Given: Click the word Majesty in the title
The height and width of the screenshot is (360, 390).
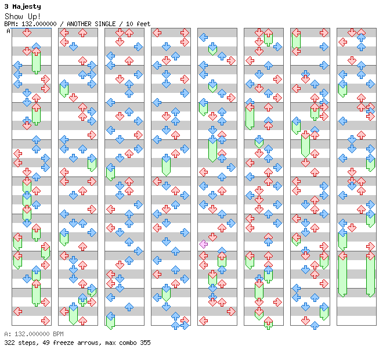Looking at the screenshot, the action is (x=27, y=7).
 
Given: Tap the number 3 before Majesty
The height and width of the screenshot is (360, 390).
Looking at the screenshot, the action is (x=6, y=6).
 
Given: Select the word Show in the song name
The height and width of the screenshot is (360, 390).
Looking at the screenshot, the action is (x=14, y=16).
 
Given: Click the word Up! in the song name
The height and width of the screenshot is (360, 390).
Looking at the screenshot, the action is (x=34, y=16).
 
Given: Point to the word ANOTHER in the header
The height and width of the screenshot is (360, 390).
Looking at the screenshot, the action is (x=79, y=24).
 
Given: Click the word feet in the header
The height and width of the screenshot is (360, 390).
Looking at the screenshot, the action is (x=143, y=24).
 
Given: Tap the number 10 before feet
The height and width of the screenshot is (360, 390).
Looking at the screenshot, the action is (x=129, y=24).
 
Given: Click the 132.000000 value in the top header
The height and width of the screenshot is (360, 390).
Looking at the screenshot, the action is (x=39, y=24).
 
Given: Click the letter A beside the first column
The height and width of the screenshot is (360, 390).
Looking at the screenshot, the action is (x=9, y=31).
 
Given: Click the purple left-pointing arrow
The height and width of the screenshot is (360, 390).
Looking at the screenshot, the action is (x=204, y=244).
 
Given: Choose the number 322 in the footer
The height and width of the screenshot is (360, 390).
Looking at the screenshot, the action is (x=9, y=343).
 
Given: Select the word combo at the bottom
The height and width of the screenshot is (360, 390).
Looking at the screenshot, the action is (x=128, y=343).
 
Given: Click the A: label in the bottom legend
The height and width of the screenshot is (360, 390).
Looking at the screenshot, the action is (x=8, y=334).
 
